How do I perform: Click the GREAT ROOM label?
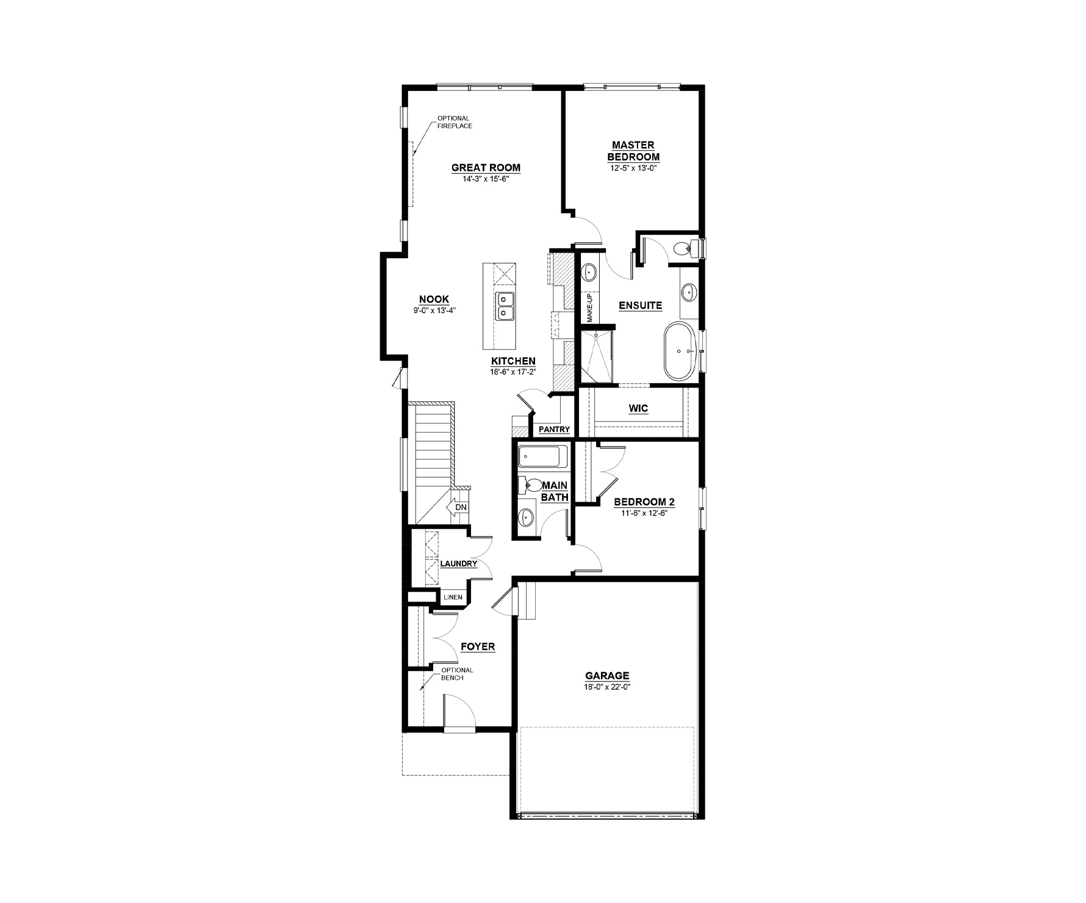click(486, 168)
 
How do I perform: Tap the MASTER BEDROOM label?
click(633, 151)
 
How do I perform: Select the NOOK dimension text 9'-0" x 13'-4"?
click(434, 310)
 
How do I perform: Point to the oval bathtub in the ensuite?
click(681, 351)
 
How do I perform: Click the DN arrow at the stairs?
click(457, 507)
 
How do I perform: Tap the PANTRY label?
click(554, 430)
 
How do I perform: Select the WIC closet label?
click(638, 408)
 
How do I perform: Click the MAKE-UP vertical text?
click(590, 308)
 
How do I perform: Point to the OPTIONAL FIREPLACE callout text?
click(454, 122)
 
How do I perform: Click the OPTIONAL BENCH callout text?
click(457, 674)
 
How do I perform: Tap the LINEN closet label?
click(453, 597)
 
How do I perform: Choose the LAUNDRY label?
click(458, 564)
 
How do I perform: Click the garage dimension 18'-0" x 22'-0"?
click(607, 686)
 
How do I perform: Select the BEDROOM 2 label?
click(644, 502)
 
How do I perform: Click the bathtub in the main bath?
click(542, 456)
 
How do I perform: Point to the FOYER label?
click(478, 647)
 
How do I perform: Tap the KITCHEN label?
click(513, 361)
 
